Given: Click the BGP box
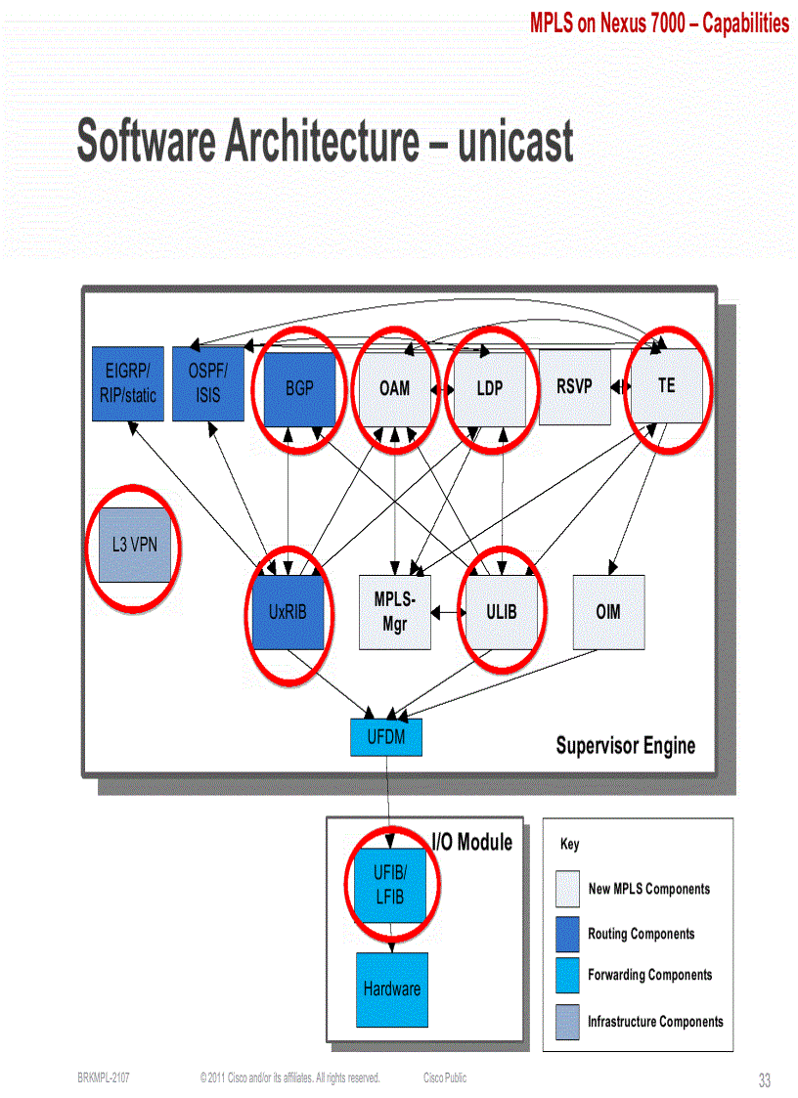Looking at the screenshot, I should pyautogui.click(x=299, y=387).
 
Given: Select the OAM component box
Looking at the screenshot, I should pyautogui.click(x=394, y=387).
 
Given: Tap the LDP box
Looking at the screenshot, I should pyautogui.click(x=490, y=387).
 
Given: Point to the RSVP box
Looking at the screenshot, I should pyautogui.click(x=574, y=386).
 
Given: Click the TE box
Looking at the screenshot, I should pyautogui.click(x=666, y=385).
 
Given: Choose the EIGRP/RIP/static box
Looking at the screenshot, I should pyautogui.click(x=127, y=383).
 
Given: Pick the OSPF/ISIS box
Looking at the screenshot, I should pyautogui.click(x=207, y=383).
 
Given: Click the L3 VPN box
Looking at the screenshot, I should pyautogui.click(x=134, y=545).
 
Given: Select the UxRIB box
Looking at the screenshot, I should pyautogui.click(x=288, y=612).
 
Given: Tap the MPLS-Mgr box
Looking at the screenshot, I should pyautogui.click(x=395, y=612).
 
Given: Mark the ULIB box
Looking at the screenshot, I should pyautogui.click(x=501, y=612).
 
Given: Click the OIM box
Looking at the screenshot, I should pyautogui.click(x=608, y=612).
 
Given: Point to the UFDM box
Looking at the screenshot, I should pyautogui.click(x=386, y=737).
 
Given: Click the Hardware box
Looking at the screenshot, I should pyautogui.click(x=391, y=988).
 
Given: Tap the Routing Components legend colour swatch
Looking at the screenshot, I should pyautogui.click(x=567, y=934).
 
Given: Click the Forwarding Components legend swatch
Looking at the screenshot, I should pyautogui.click(x=567, y=976).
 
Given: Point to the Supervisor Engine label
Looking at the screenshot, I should pyautogui.click(x=626, y=746).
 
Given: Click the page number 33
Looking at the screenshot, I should pyautogui.click(x=765, y=1080).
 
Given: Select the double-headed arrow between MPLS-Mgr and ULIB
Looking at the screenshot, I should pyautogui.click(x=448, y=613).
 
